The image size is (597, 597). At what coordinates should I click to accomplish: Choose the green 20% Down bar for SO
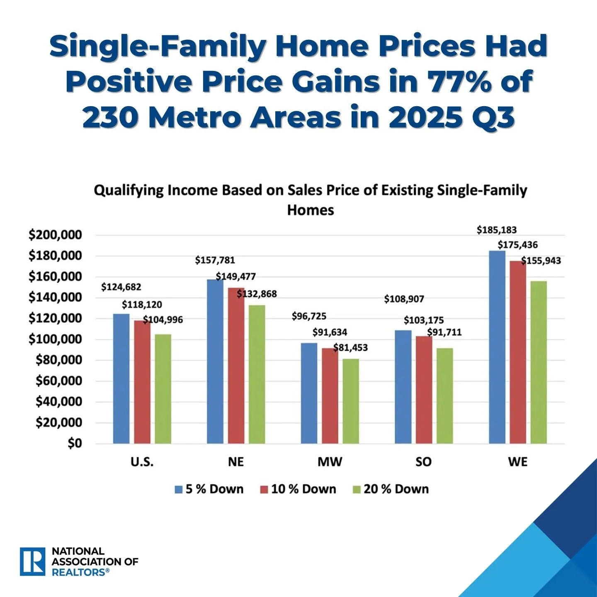pos(444,396)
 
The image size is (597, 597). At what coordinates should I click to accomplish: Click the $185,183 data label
pos(497,230)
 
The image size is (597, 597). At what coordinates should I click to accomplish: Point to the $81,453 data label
pos(351,347)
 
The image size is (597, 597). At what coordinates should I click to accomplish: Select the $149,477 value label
pos(236,277)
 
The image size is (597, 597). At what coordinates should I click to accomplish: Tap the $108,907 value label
pos(404,299)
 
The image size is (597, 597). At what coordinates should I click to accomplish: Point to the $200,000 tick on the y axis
pos(55,235)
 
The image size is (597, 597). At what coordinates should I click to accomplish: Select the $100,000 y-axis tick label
pos(55,340)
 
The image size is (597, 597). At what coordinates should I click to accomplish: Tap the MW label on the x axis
pos(330,462)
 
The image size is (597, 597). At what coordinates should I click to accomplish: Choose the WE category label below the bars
pos(517,462)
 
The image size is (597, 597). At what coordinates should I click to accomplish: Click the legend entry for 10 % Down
pos(298,489)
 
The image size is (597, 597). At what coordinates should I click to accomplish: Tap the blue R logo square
pos(32,562)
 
